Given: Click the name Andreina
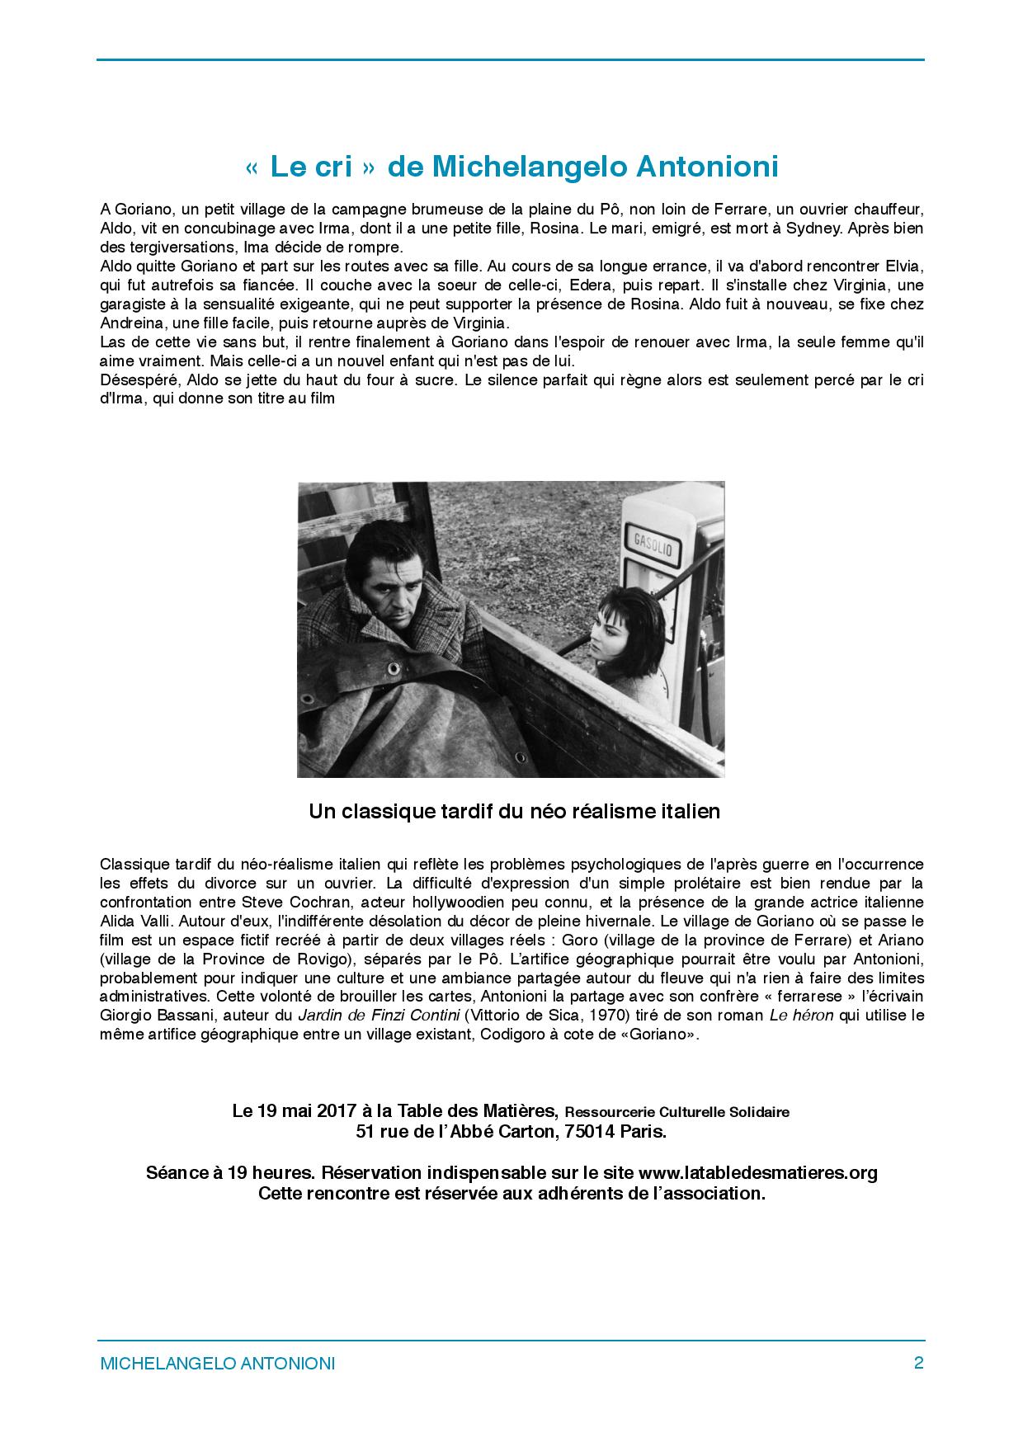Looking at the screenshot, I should pos(130,323).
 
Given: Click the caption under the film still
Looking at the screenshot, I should pos(514,812).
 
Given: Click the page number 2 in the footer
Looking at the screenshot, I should pos(918,1363).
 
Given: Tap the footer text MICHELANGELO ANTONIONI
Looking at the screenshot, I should pos(217,1364).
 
